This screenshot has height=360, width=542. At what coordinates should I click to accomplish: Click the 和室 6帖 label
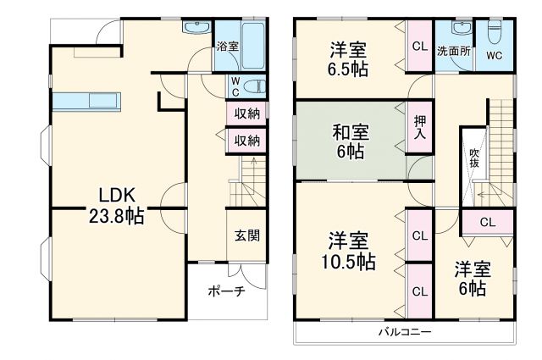[x=349, y=141]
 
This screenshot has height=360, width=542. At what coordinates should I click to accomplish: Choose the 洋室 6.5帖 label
[x=349, y=59]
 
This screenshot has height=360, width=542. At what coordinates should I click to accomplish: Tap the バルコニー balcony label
[x=405, y=331]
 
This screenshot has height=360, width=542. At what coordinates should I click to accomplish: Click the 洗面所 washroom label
[x=453, y=50]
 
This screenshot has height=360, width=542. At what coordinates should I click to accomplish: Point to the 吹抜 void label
[x=474, y=158]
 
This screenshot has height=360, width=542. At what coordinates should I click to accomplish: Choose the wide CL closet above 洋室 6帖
[x=487, y=223]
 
